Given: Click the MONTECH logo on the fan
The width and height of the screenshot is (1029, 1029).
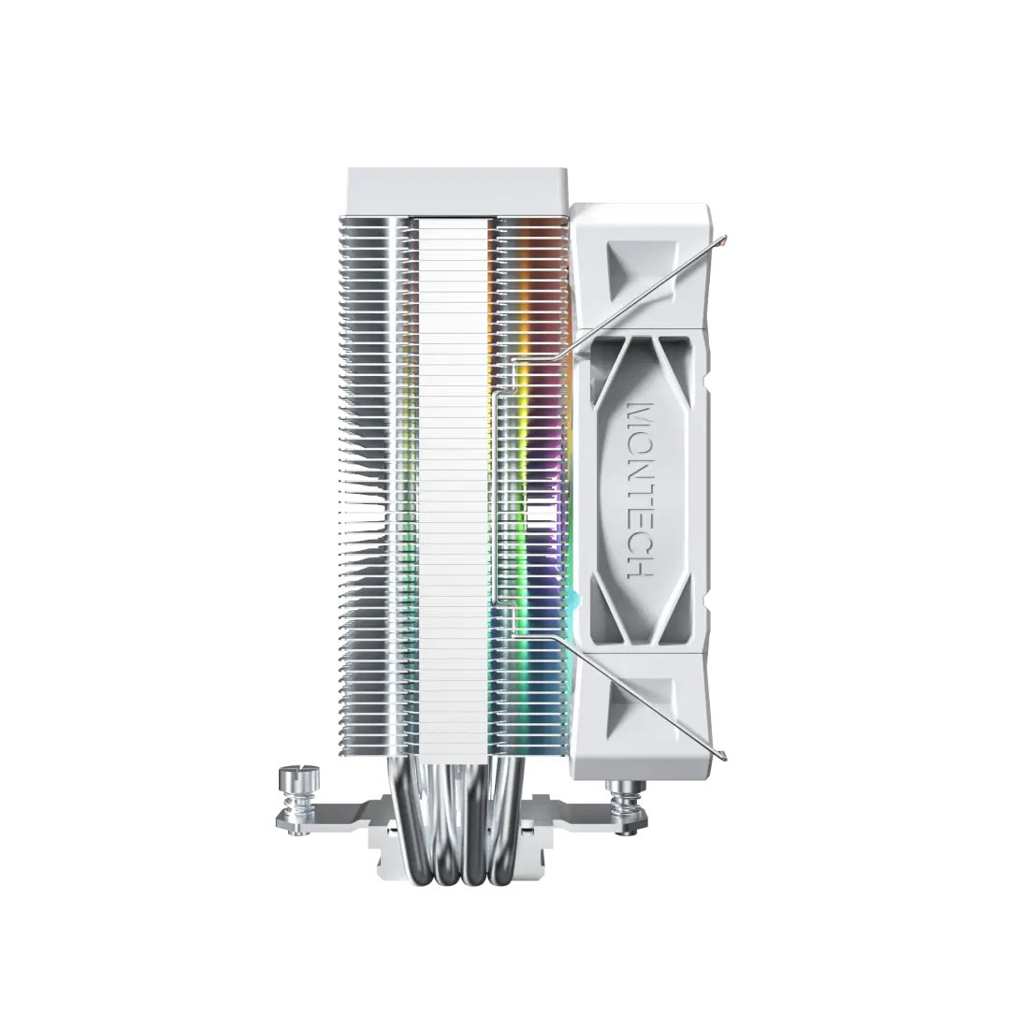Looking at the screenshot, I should [x=643, y=489].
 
